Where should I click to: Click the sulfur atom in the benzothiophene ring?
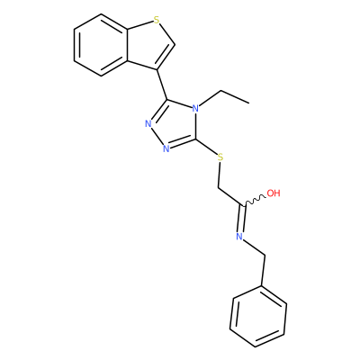point(156,21)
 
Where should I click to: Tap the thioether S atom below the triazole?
point(220,157)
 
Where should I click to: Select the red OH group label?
point(274,193)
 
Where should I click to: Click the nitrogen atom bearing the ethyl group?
point(195,108)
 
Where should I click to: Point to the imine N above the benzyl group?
point(239,237)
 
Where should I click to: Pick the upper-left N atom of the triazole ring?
point(148,123)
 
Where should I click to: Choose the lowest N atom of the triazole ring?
point(166,148)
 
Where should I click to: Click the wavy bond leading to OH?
point(255,201)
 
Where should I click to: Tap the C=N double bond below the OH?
point(242,219)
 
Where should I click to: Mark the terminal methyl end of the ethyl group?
point(248,103)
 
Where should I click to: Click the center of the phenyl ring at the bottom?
point(258,317)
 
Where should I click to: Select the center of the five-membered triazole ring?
point(175,125)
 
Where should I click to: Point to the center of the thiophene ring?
point(148,45)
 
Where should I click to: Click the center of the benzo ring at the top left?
point(101,45)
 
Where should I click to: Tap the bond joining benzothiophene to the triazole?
point(162,85)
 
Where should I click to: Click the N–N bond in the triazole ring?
point(156,135)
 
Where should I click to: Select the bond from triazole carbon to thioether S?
point(207,148)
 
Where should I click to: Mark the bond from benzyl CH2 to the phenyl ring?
point(264,271)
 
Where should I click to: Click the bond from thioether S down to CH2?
point(220,175)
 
